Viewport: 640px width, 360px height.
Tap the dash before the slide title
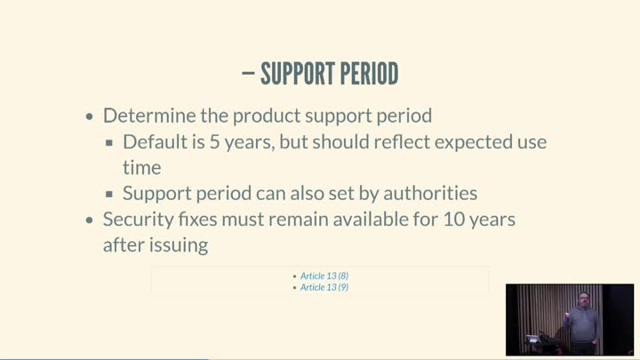pyautogui.click(x=248, y=74)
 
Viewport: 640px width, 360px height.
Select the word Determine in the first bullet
pyautogui.click(x=149, y=116)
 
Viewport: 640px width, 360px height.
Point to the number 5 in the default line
pyautogui.click(x=215, y=142)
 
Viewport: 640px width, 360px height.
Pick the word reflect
pyautogui.click(x=402, y=141)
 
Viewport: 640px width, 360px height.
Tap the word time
pyautogui.click(x=142, y=168)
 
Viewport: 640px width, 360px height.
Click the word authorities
pyautogui.click(x=430, y=193)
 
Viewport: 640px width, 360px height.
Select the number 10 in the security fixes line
pyautogui.click(x=454, y=220)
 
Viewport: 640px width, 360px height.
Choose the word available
pyautogui.click(x=371, y=219)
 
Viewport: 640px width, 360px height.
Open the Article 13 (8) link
pyautogui.click(x=324, y=276)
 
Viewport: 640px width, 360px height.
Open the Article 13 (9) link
pyautogui.click(x=324, y=287)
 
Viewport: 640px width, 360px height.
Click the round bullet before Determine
pyautogui.click(x=90, y=116)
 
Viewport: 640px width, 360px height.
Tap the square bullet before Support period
pyautogui.click(x=109, y=194)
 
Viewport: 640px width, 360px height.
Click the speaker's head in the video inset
pyautogui.click(x=584, y=300)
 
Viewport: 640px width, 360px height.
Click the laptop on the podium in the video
pyautogui.click(x=533, y=339)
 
